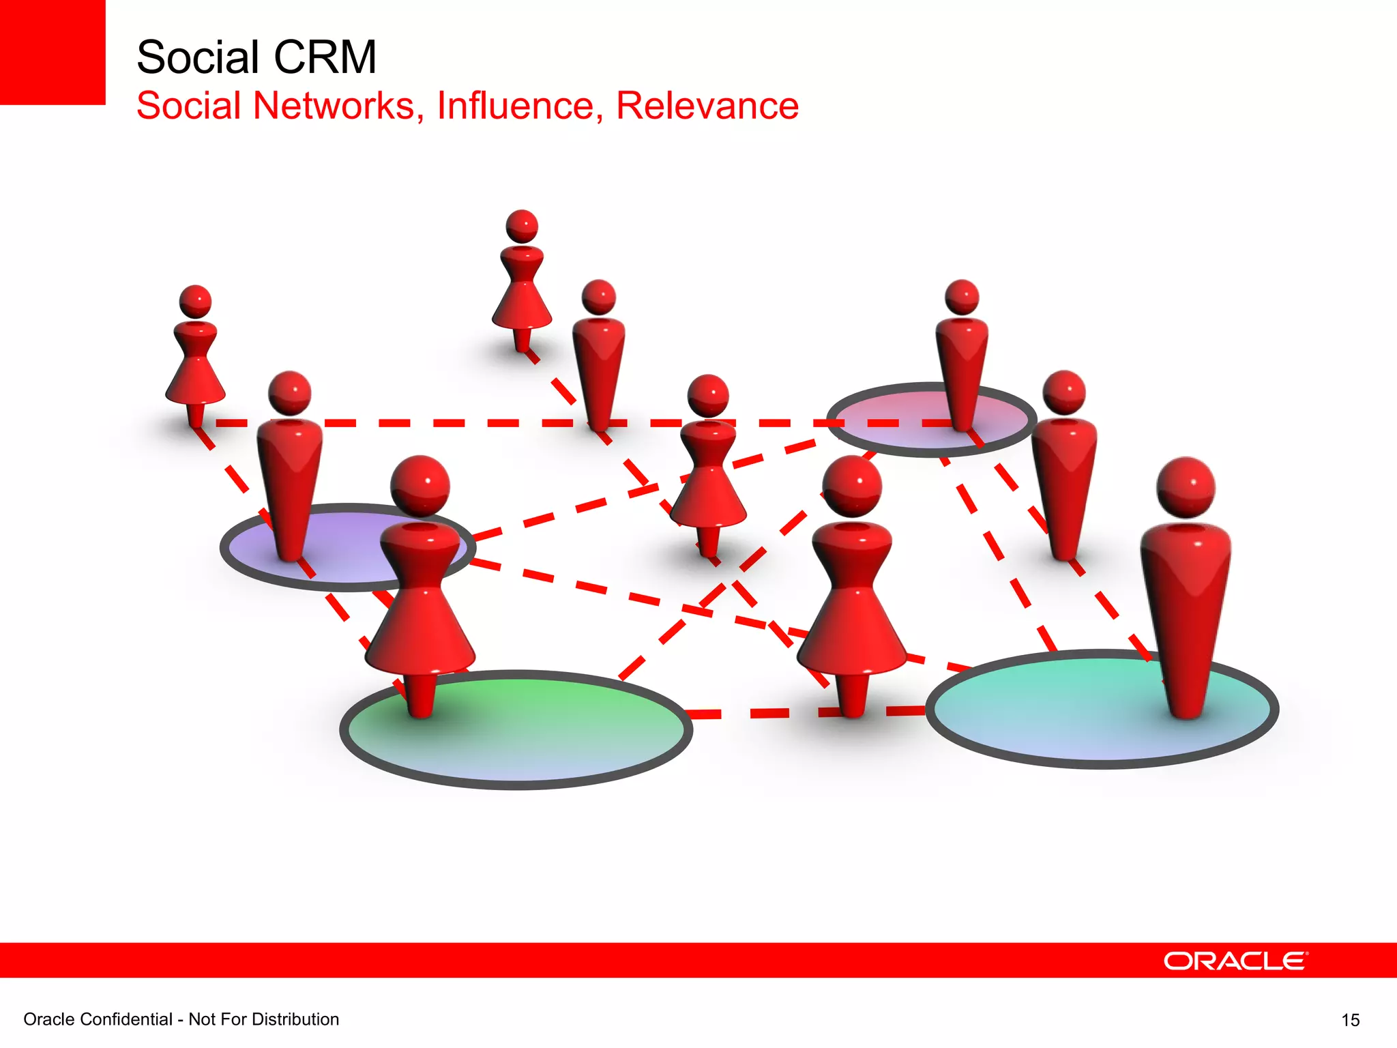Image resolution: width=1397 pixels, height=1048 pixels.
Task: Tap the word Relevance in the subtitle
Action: click(707, 106)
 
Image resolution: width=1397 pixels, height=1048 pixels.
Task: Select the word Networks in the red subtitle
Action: click(334, 106)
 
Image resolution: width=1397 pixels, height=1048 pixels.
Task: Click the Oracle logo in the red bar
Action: click(1235, 961)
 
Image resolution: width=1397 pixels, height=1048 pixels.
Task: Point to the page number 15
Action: click(1350, 1020)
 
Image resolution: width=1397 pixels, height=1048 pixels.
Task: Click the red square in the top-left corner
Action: click(52, 52)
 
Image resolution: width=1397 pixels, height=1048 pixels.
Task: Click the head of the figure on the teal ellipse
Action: click(1186, 486)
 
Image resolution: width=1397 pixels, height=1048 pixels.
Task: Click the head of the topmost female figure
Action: click(522, 226)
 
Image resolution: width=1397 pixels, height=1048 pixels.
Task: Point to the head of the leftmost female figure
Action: click(195, 302)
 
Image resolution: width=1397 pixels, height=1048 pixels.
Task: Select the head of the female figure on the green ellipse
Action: click(420, 484)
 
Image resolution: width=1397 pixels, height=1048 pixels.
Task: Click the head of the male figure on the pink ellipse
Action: click(962, 297)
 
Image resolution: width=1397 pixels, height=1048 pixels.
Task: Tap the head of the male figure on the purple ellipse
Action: click(290, 393)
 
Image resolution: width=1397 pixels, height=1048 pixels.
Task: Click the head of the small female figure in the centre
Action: click(708, 395)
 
